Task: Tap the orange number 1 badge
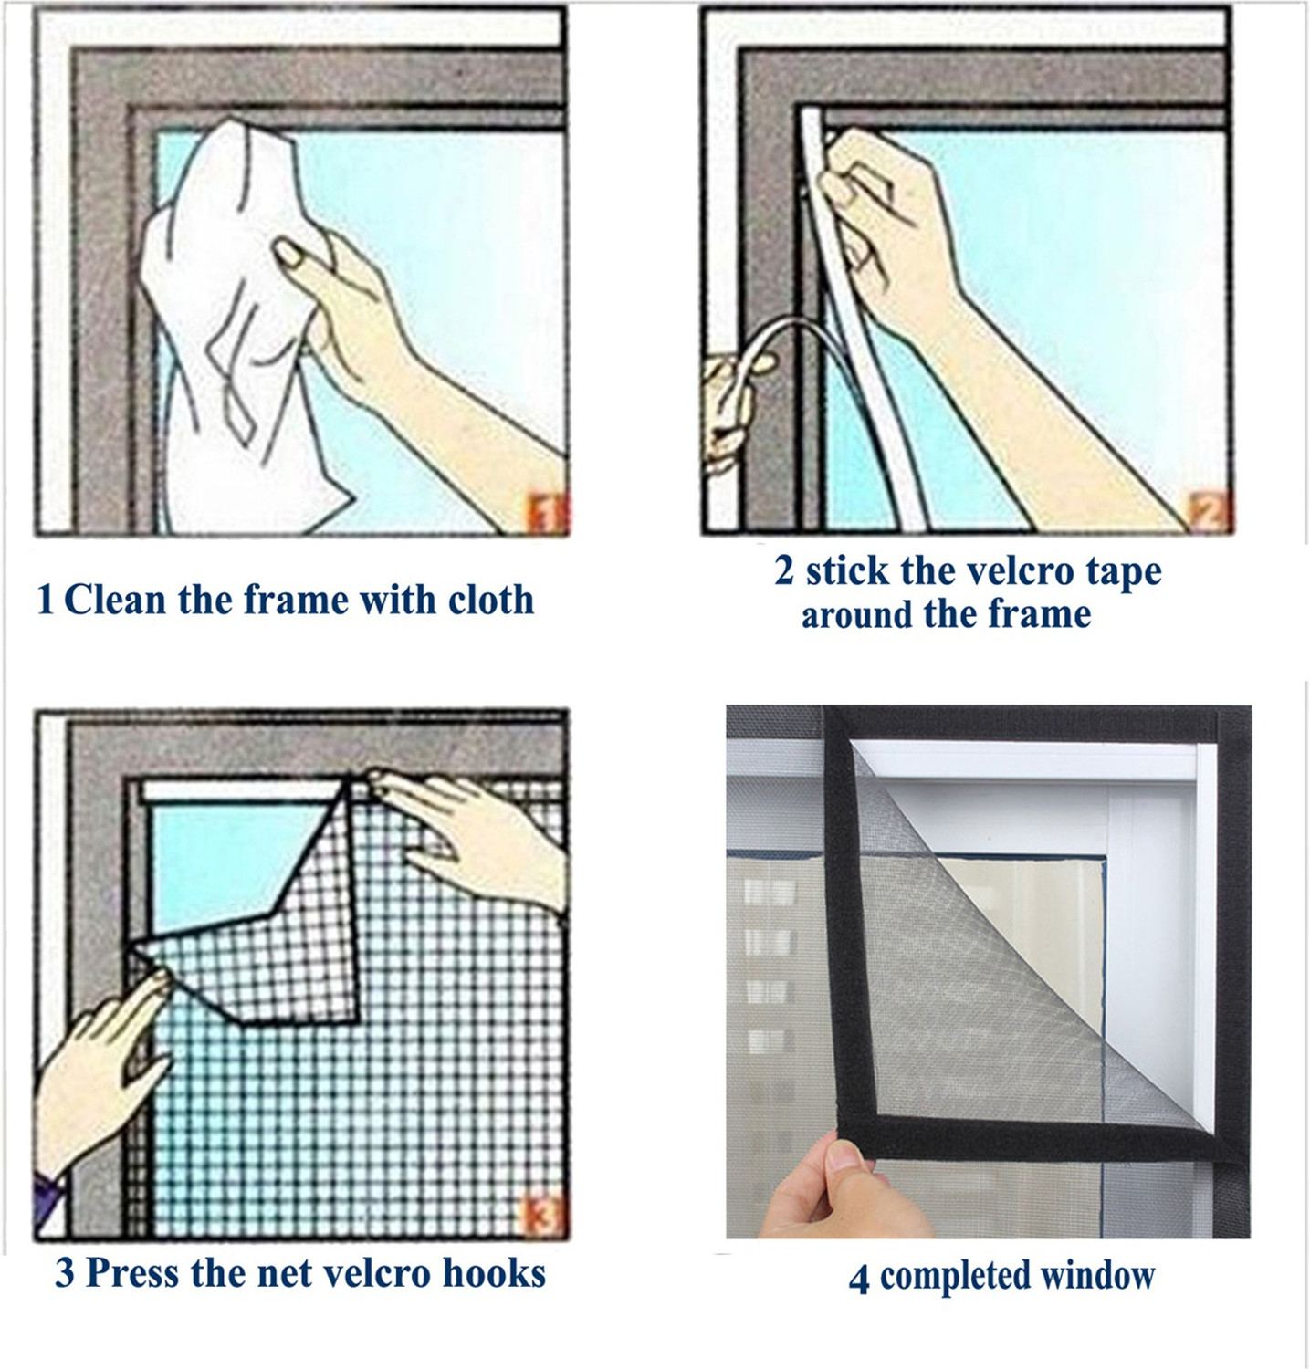(547, 514)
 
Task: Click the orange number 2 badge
(1211, 512)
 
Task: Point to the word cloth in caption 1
(491, 601)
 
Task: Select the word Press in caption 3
(132, 1272)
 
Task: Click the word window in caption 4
(1100, 1275)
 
